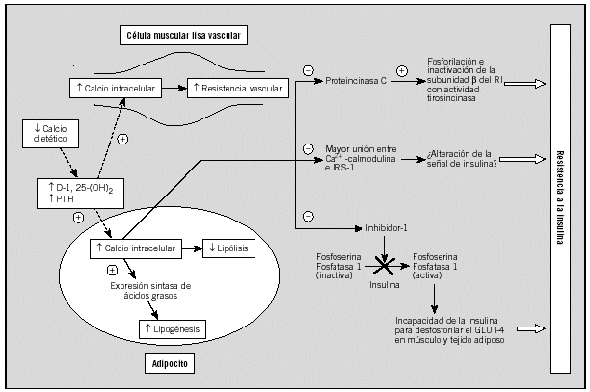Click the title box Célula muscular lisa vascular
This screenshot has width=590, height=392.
pos(182,36)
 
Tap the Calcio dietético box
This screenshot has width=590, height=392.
pos(49,133)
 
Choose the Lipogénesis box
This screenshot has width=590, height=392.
pos(170,329)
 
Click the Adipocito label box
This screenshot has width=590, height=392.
pos(170,365)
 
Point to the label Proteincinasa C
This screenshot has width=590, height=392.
pos(356,83)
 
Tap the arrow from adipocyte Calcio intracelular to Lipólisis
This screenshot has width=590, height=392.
pos(191,248)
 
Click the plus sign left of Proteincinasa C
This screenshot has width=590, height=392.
pos(308,70)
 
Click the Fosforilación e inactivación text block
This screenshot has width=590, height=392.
pos(459,82)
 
